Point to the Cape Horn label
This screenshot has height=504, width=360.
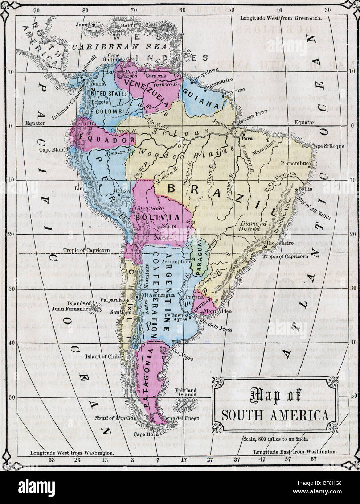143,434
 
